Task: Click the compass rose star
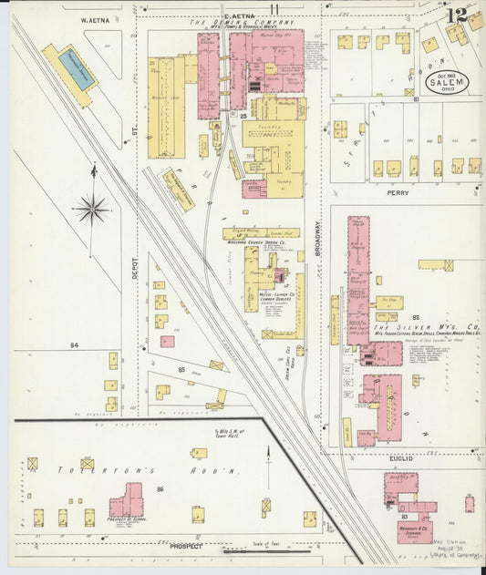tap(92, 210)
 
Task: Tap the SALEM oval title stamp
tap(446, 82)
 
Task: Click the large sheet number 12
tap(459, 15)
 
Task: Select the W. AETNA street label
tap(95, 18)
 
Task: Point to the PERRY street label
tap(398, 193)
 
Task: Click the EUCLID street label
tap(400, 458)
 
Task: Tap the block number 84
tap(75, 345)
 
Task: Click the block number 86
tap(160, 489)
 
